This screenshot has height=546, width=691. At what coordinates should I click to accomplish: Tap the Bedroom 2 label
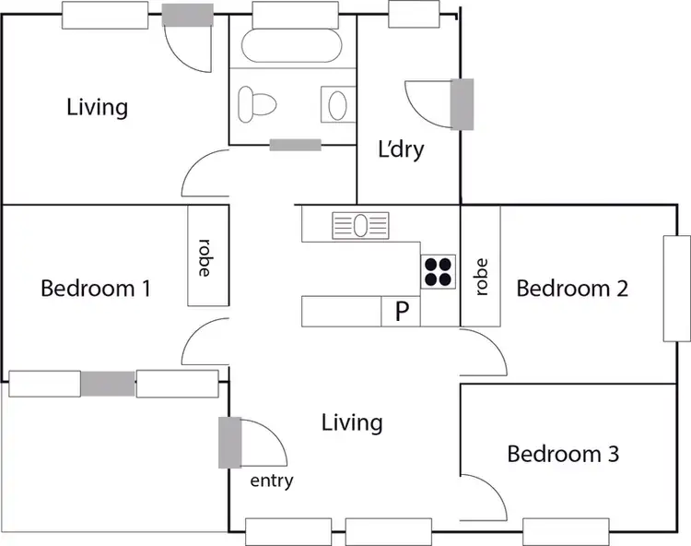[x=572, y=289]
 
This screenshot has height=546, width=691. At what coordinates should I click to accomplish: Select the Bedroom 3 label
[x=563, y=454]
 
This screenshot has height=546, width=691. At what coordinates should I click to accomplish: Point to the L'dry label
[x=402, y=148]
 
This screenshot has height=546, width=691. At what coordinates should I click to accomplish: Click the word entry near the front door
[x=272, y=481]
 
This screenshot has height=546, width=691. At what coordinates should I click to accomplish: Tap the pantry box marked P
[x=402, y=312]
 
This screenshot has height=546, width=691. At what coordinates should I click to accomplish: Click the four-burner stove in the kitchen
[x=439, y=269]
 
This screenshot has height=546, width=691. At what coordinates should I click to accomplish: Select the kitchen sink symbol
[x=361, y=224]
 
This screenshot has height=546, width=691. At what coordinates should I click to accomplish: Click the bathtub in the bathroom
[x=291, y=44]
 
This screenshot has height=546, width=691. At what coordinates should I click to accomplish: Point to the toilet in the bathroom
[x=257, y=103]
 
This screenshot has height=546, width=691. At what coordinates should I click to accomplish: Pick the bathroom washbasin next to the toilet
[x=337, y=103]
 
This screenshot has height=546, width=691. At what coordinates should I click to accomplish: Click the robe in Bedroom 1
[x=206, y=256]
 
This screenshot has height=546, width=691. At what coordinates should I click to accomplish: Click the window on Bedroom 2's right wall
[x=676, y=289]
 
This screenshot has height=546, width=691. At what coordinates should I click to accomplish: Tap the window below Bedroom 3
[x=565, y=531]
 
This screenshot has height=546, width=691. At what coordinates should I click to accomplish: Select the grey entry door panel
[x=229, y=443]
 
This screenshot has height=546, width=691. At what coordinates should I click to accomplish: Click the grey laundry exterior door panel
[x=462, y=103]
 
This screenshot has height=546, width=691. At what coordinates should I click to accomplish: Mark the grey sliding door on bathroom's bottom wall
[x=295, y=144]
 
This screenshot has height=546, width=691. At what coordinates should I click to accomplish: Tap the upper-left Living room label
[x=97, y=107]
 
